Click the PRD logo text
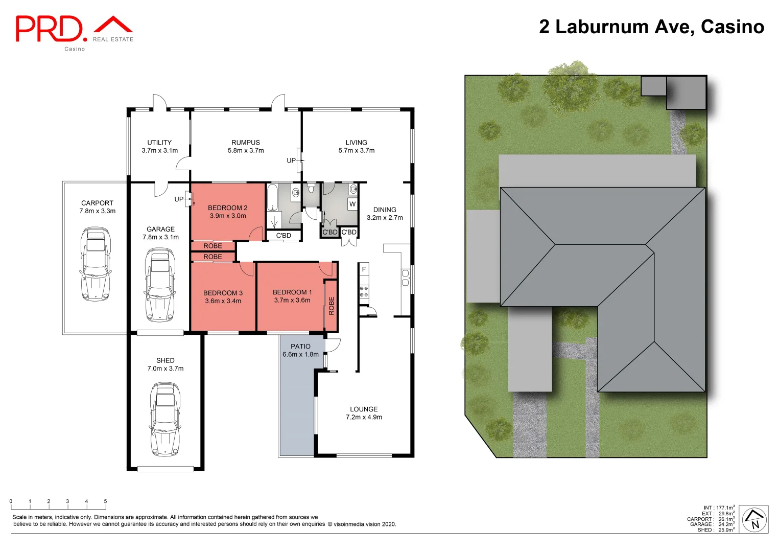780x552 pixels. tap(49, 29)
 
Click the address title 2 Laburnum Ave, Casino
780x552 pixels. tap(651, 27)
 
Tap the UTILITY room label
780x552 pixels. tap(159, 143)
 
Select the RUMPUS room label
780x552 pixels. tap(246, 143)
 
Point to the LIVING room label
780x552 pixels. tap(356, 143)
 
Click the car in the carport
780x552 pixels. tap(96, 264)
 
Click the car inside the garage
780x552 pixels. tap(160, 285)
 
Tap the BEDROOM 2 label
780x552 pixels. tap(227, 208)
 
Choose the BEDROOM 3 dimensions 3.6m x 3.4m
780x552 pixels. tap(223, 301)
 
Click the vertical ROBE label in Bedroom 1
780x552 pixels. tap(331, 305)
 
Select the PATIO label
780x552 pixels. tap(300, 347)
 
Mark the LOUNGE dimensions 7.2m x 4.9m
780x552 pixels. tap(364, 417)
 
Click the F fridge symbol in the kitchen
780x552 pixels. tap(364, 269)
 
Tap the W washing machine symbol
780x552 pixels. tap(352, 204)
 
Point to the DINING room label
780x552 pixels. tap(385, 210)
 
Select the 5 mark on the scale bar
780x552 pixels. tap(105, 501)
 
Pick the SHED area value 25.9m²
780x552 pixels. tap(726, 530)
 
